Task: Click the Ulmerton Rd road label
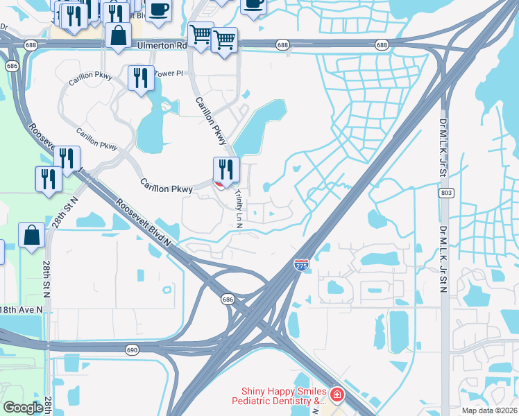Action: [162, 44]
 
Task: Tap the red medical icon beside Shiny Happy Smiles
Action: [337, 395]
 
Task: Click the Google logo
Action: [23, 408]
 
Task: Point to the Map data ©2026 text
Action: [488, 410]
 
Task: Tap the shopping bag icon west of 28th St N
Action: [31, 235]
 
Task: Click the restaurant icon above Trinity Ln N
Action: [226, 169]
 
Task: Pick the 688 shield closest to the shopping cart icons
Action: [282, 44]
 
